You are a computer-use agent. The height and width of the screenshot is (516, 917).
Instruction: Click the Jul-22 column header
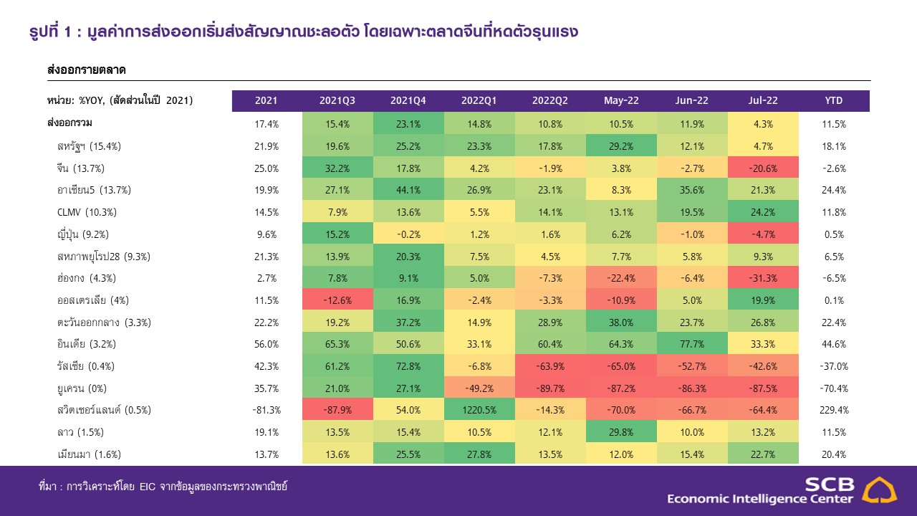coord(763,101)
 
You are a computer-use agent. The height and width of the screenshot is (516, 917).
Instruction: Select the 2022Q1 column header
coord(479,101)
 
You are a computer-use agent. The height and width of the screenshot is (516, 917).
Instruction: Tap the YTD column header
coord(833,101)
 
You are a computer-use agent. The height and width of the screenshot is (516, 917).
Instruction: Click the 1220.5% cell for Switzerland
coord(479,410)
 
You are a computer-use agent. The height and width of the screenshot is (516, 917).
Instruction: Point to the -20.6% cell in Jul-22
coord(763,168)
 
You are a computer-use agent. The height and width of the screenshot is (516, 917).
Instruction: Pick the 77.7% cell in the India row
coord(692,344)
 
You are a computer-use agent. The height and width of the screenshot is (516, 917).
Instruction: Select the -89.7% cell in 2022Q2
coord(550,388)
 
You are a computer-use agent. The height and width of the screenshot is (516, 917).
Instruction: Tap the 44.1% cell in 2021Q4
coord(408,190)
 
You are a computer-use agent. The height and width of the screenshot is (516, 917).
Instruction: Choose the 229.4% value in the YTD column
coord(833,410)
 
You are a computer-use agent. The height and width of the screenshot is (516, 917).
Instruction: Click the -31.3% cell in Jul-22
coord(763,278)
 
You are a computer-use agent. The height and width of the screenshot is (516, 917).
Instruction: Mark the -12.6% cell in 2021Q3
coord(337,300)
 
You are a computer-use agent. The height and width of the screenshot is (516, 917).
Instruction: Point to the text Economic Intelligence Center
coord(760,499)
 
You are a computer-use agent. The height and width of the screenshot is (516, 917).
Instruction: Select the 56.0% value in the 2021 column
coord(267,344)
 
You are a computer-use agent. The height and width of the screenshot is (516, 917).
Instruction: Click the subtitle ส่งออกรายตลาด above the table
coord(86,70)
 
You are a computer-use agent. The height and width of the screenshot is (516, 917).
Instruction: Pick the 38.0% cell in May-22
coord(621,322)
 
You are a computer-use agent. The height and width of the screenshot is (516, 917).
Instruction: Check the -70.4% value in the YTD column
coord(833,388)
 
